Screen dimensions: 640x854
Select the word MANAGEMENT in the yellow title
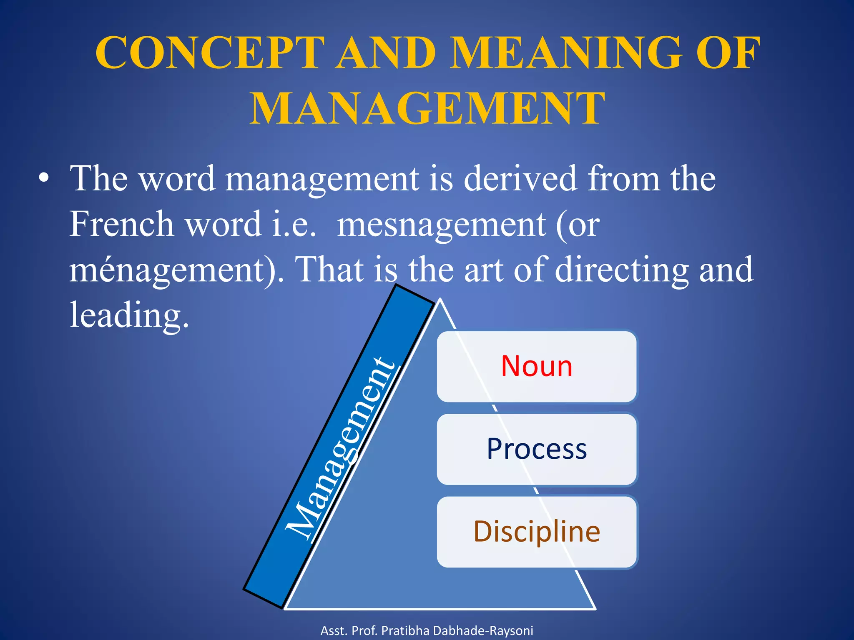[427, 109]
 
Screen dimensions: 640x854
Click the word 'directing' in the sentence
[621, 270]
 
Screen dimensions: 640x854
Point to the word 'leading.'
[129, 315]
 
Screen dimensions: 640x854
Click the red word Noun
[537, 366]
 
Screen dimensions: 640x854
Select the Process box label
[537, 449]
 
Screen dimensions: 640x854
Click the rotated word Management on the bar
[340, 448]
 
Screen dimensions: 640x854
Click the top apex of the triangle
[440, 300]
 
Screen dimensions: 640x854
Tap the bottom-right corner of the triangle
[594, 608]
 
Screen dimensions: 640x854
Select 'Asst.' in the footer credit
[334, 630]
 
